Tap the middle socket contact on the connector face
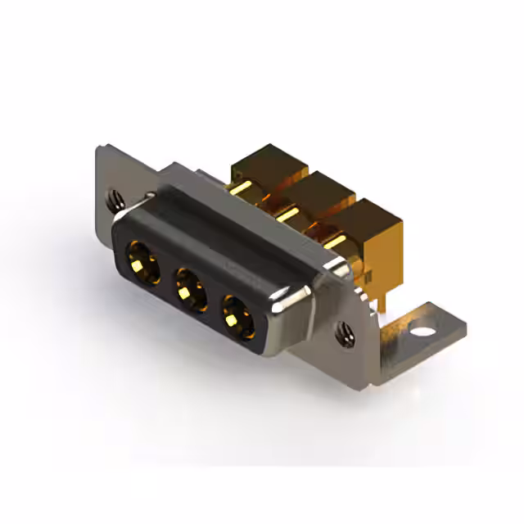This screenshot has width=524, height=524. (x=188, y=287)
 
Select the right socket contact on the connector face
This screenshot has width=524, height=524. (x=237, y=314)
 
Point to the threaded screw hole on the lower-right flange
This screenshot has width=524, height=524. (x=345, y=332)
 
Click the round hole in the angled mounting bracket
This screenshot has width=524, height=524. (x=422, y=333)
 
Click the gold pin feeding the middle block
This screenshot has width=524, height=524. (x=287, y=215)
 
